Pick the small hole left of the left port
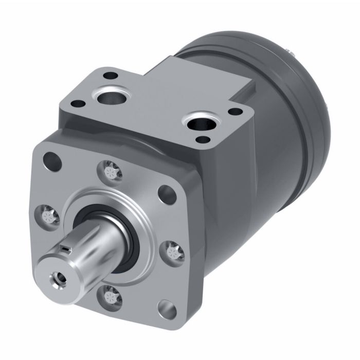point(79,103)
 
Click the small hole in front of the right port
point(205,139)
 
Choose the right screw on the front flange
point(173,251)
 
